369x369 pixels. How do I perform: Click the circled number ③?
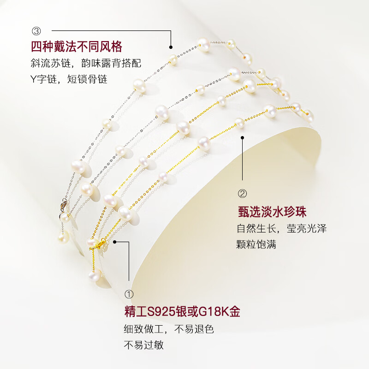tap(36, 31)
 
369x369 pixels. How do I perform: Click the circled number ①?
tap(129, 294)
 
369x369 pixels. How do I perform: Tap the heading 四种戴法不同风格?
tap(76, 47)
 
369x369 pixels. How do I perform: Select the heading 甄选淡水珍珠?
tap(272, 212)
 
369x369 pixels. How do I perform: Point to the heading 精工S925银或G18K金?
tap(181, 312)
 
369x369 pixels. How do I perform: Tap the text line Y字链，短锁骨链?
tap(69, 79)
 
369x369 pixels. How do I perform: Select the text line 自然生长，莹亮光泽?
tap(281, 229)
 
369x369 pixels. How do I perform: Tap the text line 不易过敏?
tap(143, 345)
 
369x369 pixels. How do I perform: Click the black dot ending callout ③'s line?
tap(171, 46)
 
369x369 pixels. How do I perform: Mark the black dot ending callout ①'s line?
tap(114, 241)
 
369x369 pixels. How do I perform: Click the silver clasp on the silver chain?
tap(62, 202)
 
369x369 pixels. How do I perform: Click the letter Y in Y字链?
tap(33, 79)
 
